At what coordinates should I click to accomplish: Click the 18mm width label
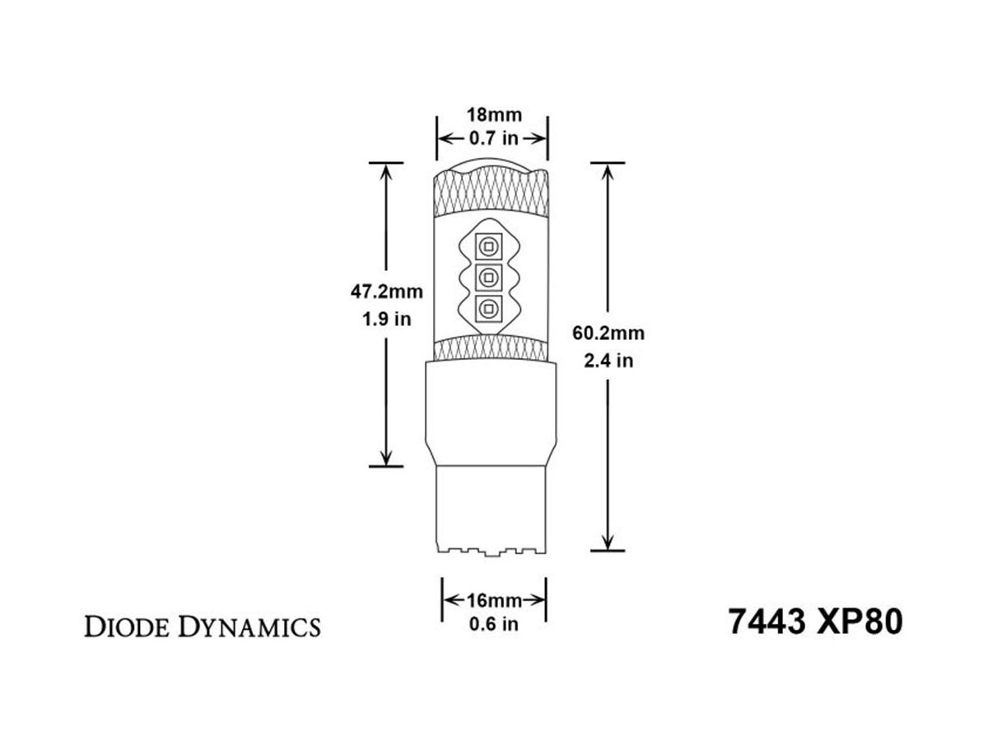point(494,115)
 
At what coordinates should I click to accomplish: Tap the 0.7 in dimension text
point(494,138)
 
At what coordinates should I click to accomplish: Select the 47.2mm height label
point(387,291)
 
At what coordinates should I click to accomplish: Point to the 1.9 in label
point(387,319)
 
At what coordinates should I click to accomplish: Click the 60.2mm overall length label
point(608,333)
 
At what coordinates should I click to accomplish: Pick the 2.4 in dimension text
point(608,361)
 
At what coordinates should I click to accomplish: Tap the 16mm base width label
point(494,599)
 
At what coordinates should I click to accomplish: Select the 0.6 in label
point(494,623)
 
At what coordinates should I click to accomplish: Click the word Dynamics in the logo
point(249,627)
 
